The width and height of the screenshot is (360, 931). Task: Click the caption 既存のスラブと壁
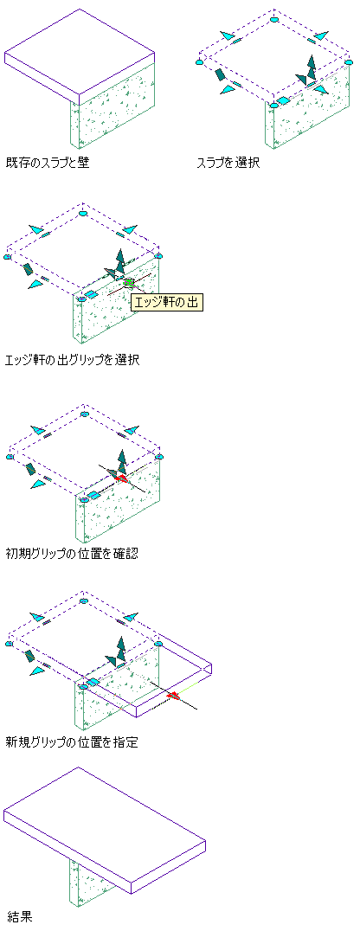pos(47,162)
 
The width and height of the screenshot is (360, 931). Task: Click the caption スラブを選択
pos(228,162)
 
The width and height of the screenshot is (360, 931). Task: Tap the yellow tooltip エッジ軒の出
pos(168,302)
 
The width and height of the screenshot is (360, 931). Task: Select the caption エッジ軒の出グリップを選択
pos(72,360)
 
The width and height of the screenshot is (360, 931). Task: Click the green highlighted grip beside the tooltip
pos(130,282)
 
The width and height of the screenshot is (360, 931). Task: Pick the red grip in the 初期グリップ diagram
pos(122,478)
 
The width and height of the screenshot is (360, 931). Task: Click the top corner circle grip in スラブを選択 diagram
pos(273,20)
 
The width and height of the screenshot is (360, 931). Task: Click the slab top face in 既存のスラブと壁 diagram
pos(80,51)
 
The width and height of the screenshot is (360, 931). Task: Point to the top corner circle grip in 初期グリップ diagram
pos(84,414)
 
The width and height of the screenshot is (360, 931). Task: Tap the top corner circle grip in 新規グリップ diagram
pos(84,601)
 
